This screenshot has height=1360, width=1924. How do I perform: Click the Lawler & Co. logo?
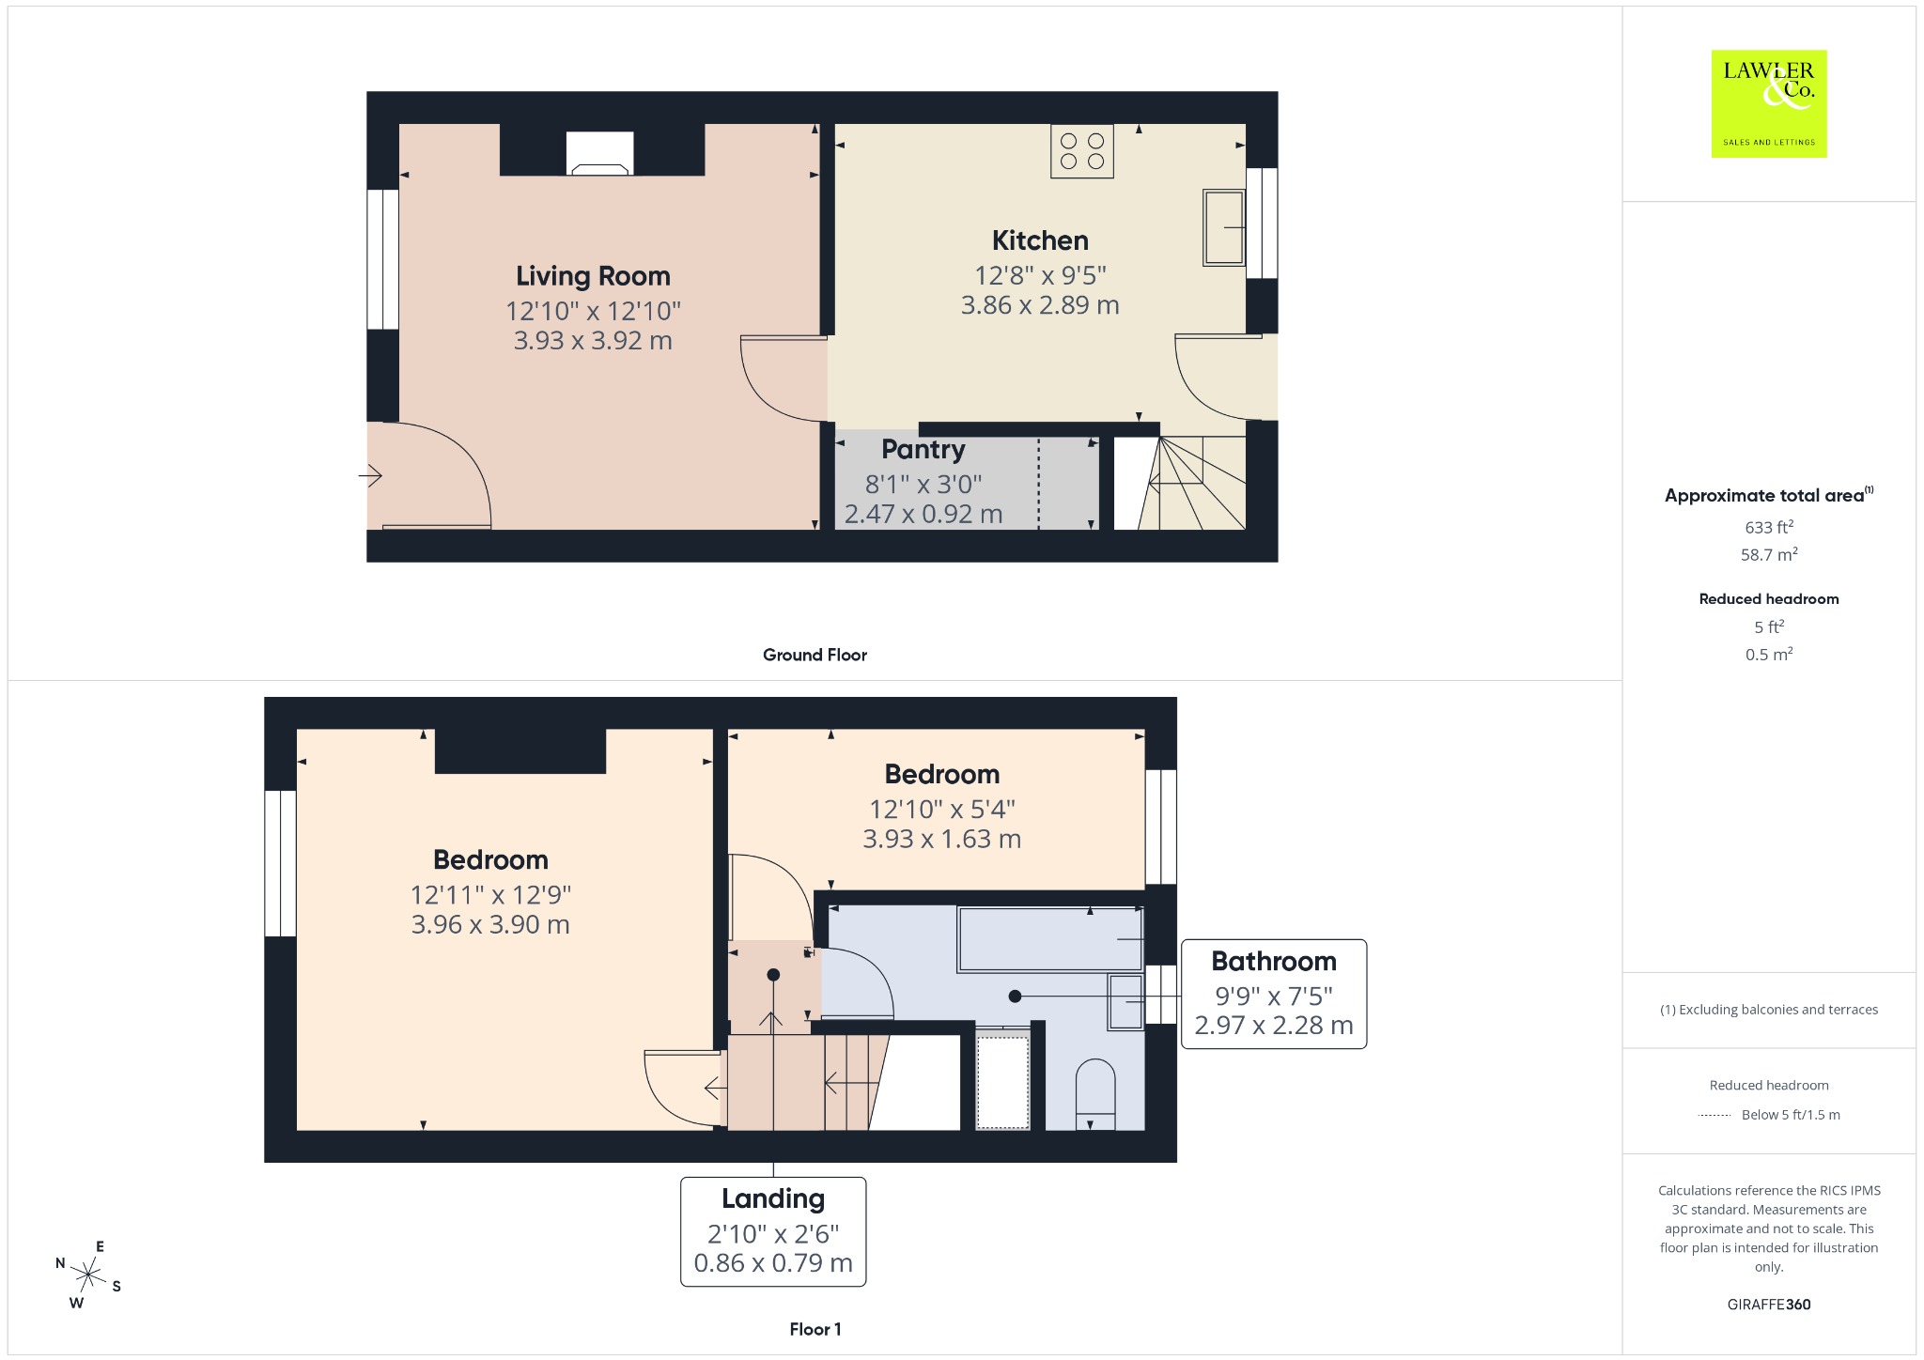point(1769,103)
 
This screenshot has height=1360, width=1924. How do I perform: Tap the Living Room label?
point(593,276)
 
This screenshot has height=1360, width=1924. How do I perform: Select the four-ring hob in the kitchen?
point(1082,151)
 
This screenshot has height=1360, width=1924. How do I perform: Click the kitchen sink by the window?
point(1224,227)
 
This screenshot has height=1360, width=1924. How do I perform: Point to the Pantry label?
point(923,450)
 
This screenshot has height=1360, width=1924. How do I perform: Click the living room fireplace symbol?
point(600,153)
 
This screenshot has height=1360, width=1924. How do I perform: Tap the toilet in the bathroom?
point(1094,1094)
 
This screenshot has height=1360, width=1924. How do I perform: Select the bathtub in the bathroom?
point(1050,939)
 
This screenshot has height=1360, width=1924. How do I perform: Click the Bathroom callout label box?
point(1274,994)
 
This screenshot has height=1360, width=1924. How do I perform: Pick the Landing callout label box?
point(773,1231)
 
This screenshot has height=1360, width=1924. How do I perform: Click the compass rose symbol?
point(88,1275)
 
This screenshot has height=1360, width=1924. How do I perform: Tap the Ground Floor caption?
point(815,655)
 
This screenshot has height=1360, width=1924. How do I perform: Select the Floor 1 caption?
point(815,1329)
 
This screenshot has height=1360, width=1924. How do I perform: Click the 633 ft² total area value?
point(1769,527)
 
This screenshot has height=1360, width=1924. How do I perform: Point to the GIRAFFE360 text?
point(1769,1305)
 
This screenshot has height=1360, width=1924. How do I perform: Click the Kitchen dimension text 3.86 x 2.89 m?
point(1040,305)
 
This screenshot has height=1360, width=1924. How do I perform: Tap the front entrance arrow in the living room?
point(370,476)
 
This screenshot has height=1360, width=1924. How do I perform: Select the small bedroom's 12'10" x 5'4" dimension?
point(942,809)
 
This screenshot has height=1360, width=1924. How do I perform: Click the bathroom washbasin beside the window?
point(1125,1002)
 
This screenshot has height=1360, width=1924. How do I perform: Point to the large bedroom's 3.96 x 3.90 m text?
point(490,924)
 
